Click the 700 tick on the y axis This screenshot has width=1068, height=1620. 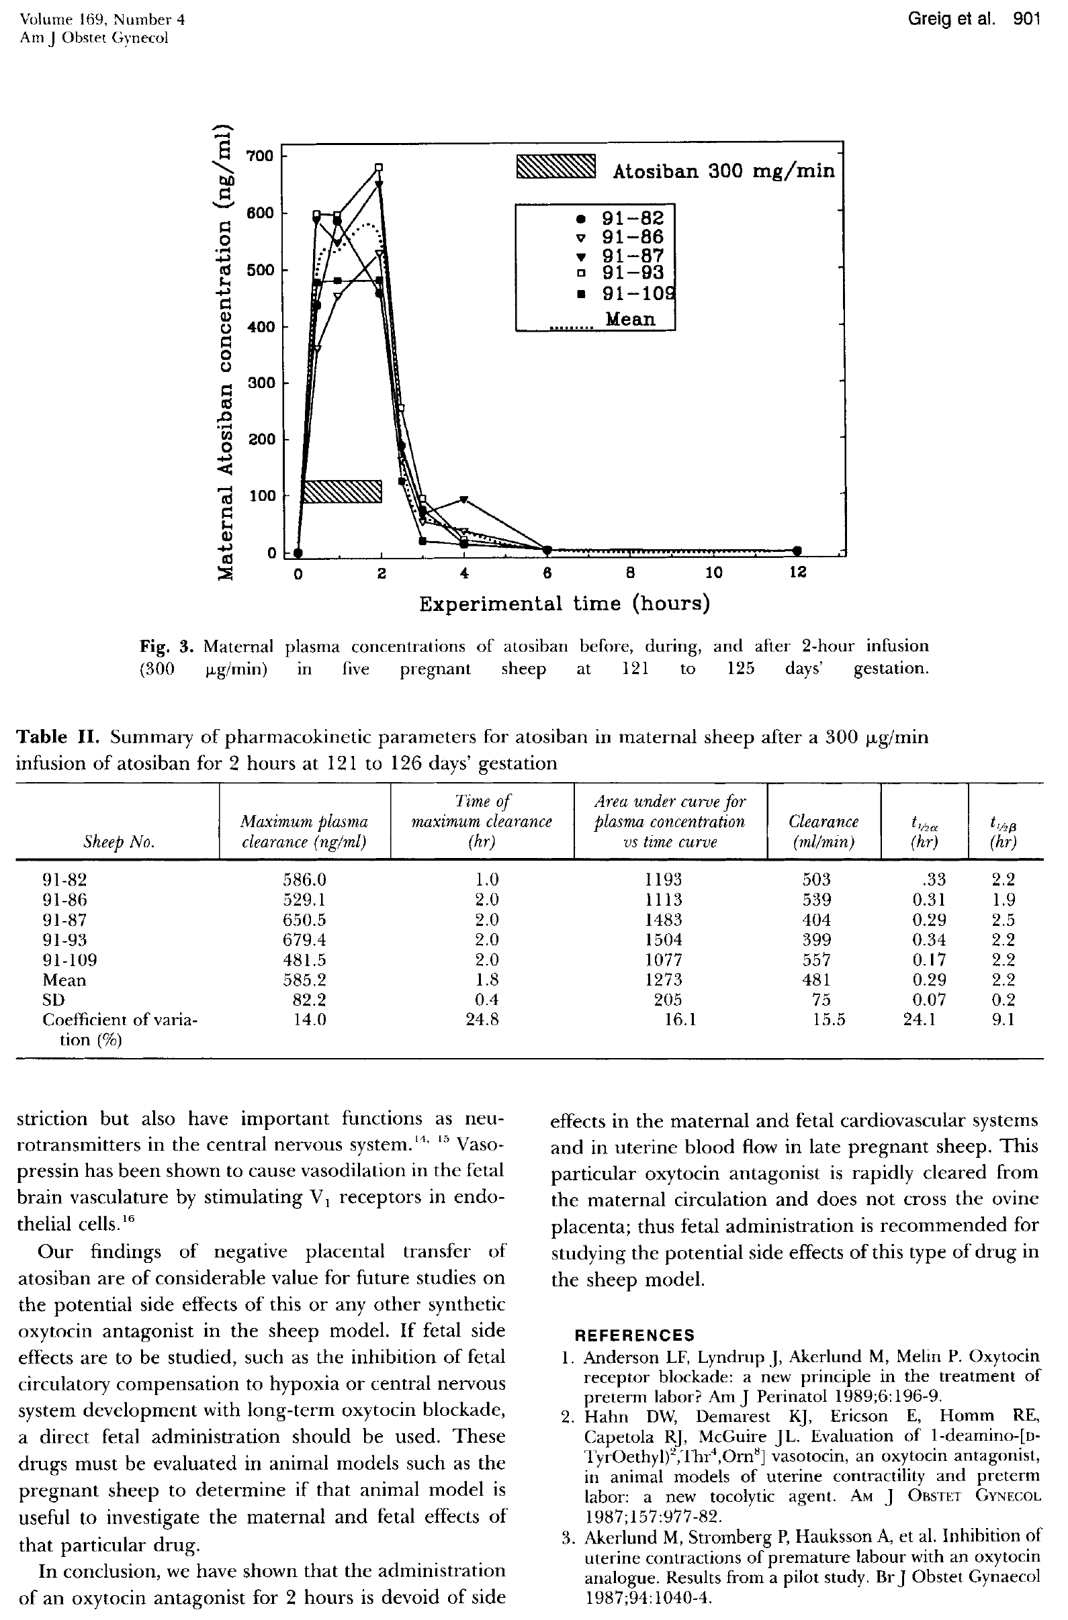pos(259,156)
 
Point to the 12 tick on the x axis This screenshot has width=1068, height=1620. pos(797,573)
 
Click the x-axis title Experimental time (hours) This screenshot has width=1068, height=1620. pos(564,604)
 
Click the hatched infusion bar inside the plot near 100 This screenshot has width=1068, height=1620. pos(342,491)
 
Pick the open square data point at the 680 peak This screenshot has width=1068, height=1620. pos(380,166)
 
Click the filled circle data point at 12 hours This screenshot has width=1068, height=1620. pos(797,550)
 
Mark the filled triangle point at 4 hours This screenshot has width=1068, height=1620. pos(464,499)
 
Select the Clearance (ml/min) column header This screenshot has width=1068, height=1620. pos(824,831)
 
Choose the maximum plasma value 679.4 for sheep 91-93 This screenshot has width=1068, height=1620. pos(304,940)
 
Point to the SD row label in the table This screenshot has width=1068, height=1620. pos(54,999)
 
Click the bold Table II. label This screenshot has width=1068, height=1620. pos(58,737)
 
